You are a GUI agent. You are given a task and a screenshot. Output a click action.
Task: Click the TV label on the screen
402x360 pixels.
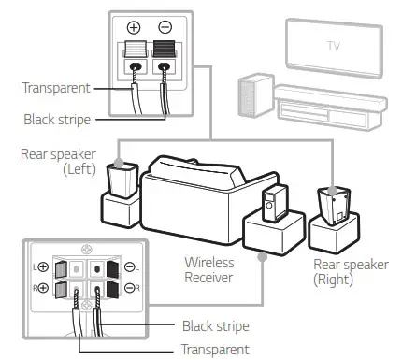click(x=335, y=46)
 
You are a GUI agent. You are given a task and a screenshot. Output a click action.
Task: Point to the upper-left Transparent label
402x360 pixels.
click(x=57, y=89)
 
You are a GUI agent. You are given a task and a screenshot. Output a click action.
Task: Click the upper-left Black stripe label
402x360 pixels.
click(x=57, y=119)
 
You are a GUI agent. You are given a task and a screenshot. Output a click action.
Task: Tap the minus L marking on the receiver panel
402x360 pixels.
click(x=131, y=267)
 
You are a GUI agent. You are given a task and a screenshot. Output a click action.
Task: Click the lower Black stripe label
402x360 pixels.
click(x=216, y=327)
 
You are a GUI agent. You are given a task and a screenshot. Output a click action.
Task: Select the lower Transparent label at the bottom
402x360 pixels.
click(x=216, y=349)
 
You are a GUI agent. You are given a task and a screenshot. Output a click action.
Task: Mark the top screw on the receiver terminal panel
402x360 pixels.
click(x=86, y=250)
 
